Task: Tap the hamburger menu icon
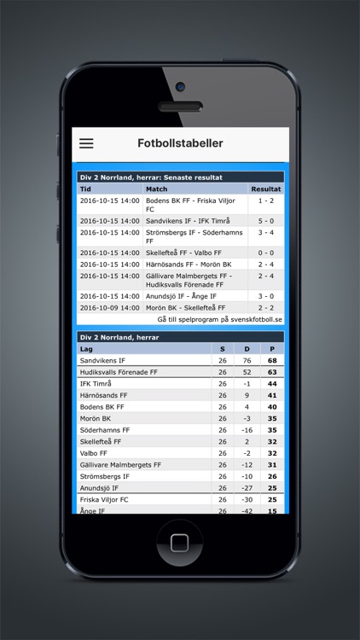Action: tap(86, 143)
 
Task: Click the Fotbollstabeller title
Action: tap(180, 143)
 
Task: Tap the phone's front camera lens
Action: tap(180, 86)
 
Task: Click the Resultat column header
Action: tap(265, 189)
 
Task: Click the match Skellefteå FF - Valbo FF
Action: tap(183, 253)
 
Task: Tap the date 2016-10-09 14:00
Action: tap(109, 307)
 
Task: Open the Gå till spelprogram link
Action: tap(219, 318)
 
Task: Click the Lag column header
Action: tap(86, 349)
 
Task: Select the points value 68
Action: tap(272, 361)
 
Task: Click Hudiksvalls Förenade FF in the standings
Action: tap(119, 372)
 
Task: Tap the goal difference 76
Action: tap(247, 361)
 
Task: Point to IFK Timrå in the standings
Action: tap(96, 384)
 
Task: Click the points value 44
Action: tap(272, 384)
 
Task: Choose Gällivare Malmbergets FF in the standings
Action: tap(120, 465)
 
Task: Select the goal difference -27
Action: tap(247, 488)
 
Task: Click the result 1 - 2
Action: tap(265, 200)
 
